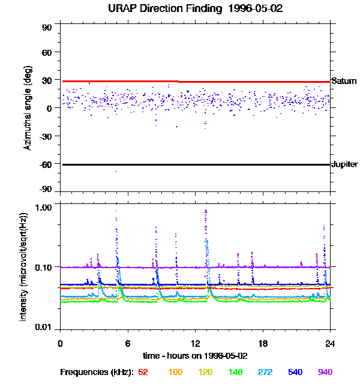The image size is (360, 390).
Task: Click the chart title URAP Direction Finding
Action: tap(180, 8)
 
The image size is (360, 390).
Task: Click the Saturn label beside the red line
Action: tap(344, 81)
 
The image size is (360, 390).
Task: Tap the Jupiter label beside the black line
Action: tap(344, 164)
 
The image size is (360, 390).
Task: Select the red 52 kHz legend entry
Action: tap(143, 372)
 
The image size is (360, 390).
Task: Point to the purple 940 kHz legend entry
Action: tap(325, 372)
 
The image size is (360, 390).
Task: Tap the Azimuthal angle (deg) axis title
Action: tap(28, 108)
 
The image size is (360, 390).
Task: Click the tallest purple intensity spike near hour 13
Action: tap(206, 211)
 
